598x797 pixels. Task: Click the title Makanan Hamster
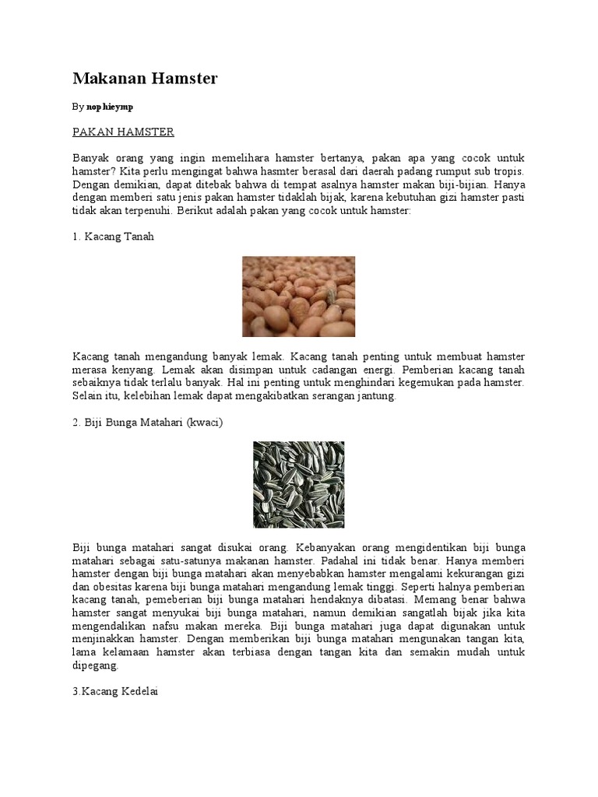pyautogui.click(x=145, y=79)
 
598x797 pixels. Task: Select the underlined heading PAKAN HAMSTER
pyautogui.click(x=123, y=132)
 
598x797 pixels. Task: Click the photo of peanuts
pyautogui.click(x=298, y=297)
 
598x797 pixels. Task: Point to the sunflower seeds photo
pyautogui.click(x=298, y=484)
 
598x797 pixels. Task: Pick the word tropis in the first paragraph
pyautogui.click(x=508, y=170)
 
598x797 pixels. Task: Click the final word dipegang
pyautogui.click(x=96, y=665)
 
